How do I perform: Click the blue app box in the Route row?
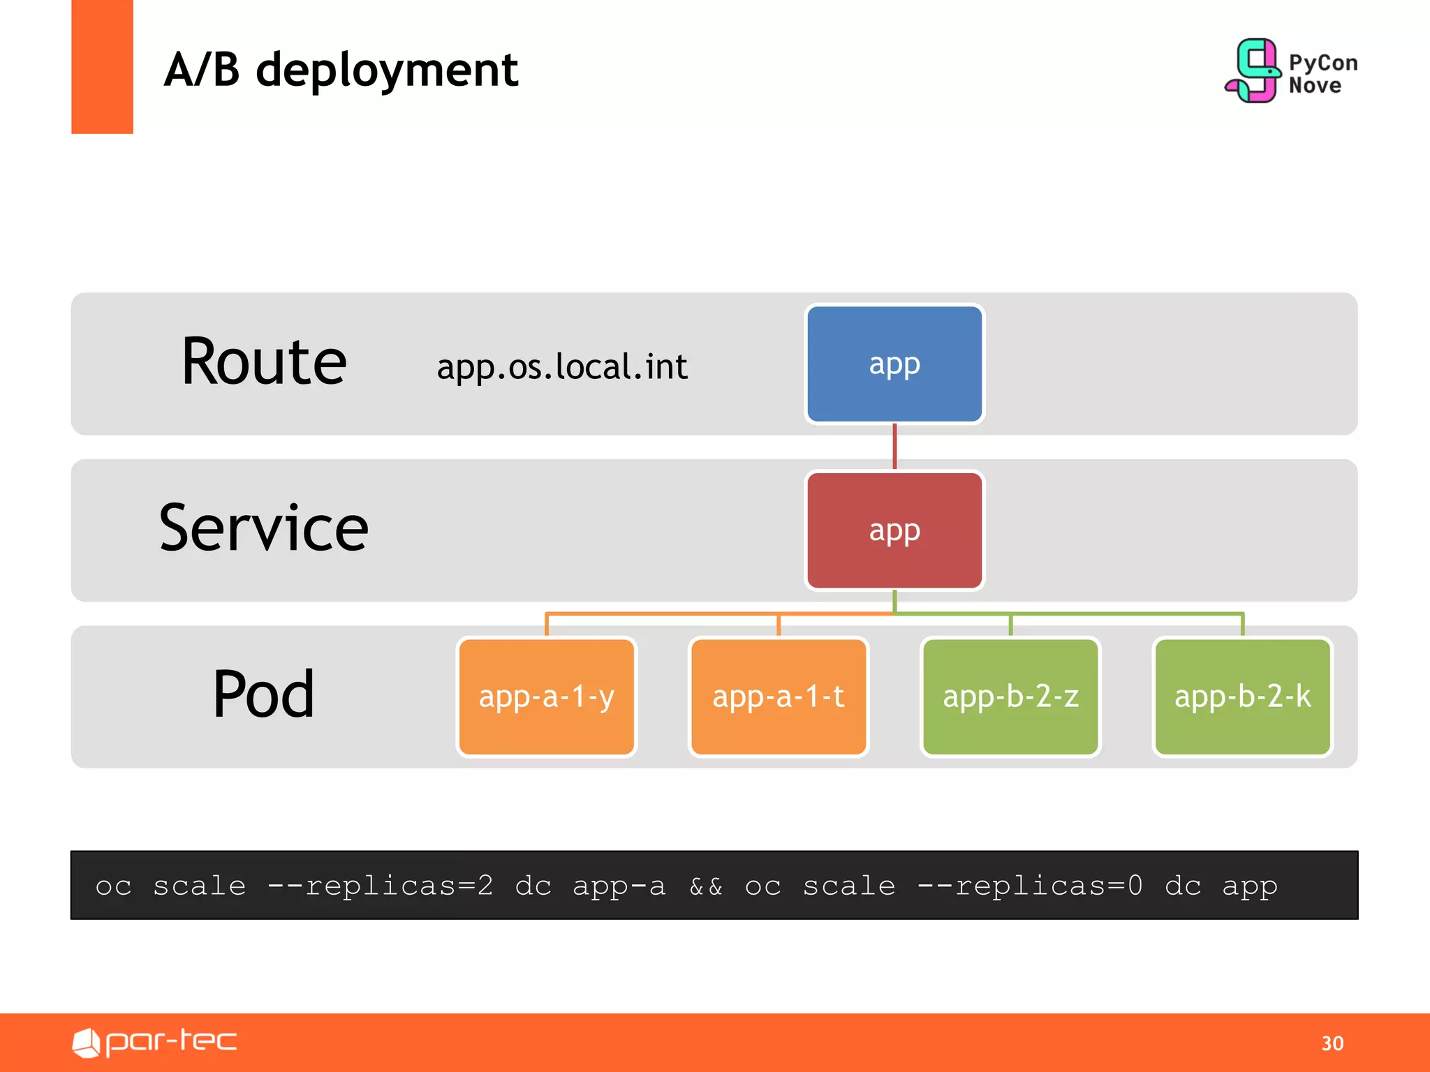coord(894,364)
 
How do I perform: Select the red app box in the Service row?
coord(894,530)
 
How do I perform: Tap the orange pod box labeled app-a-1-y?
coord(546,697)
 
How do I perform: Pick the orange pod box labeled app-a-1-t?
coord(778,697)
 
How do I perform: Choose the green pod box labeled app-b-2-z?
coord(1010,697)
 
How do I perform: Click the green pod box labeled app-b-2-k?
coord(1242,697)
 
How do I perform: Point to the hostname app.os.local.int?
coord(562,367)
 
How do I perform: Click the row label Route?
coord(264,362)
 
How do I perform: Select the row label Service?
coord(264,528)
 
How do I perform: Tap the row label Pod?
coord(264,694)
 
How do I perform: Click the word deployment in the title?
coord(387,71)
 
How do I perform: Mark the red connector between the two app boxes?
coord(894,447)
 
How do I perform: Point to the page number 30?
coord(1332,1043)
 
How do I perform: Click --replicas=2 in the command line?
coord(381,886)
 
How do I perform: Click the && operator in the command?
coord(706,886)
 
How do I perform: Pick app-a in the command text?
coord(619,886)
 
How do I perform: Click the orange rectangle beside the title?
coord(102,66)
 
